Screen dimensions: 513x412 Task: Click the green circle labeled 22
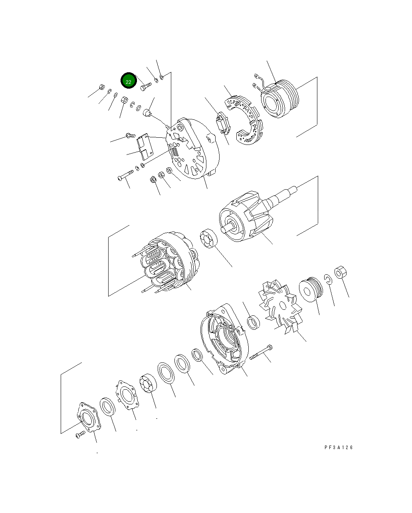129,81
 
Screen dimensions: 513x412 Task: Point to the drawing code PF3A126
339,448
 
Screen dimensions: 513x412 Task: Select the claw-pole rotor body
246,218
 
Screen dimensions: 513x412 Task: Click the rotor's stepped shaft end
291,192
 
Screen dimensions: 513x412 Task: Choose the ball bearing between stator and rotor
209,239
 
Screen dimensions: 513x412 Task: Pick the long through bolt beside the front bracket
261,352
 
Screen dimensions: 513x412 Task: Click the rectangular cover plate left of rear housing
145,147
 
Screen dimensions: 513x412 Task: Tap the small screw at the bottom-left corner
80,435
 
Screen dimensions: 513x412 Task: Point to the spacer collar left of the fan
253,322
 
